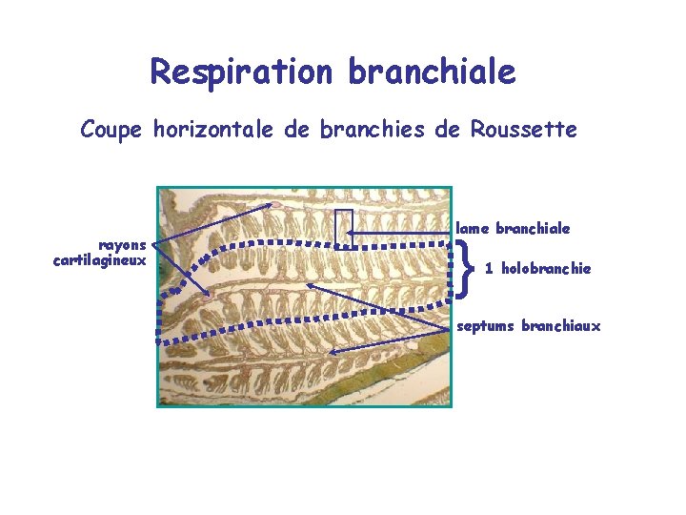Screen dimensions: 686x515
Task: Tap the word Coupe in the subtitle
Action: click(x=112, y=129)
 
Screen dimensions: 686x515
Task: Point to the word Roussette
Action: click(x=523, y=129)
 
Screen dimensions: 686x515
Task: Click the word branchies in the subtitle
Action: click(x=374, y=129)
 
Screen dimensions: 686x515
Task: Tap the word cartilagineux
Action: click(x=100, y=258)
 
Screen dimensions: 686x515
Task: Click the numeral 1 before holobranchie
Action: click(x=489, y=269)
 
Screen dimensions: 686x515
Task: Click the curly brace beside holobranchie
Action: click(x=465, y=268)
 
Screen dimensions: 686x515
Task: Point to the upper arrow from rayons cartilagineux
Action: click(x=219, y=223)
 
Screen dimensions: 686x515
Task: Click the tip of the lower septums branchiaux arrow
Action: click(x=331, y=352)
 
